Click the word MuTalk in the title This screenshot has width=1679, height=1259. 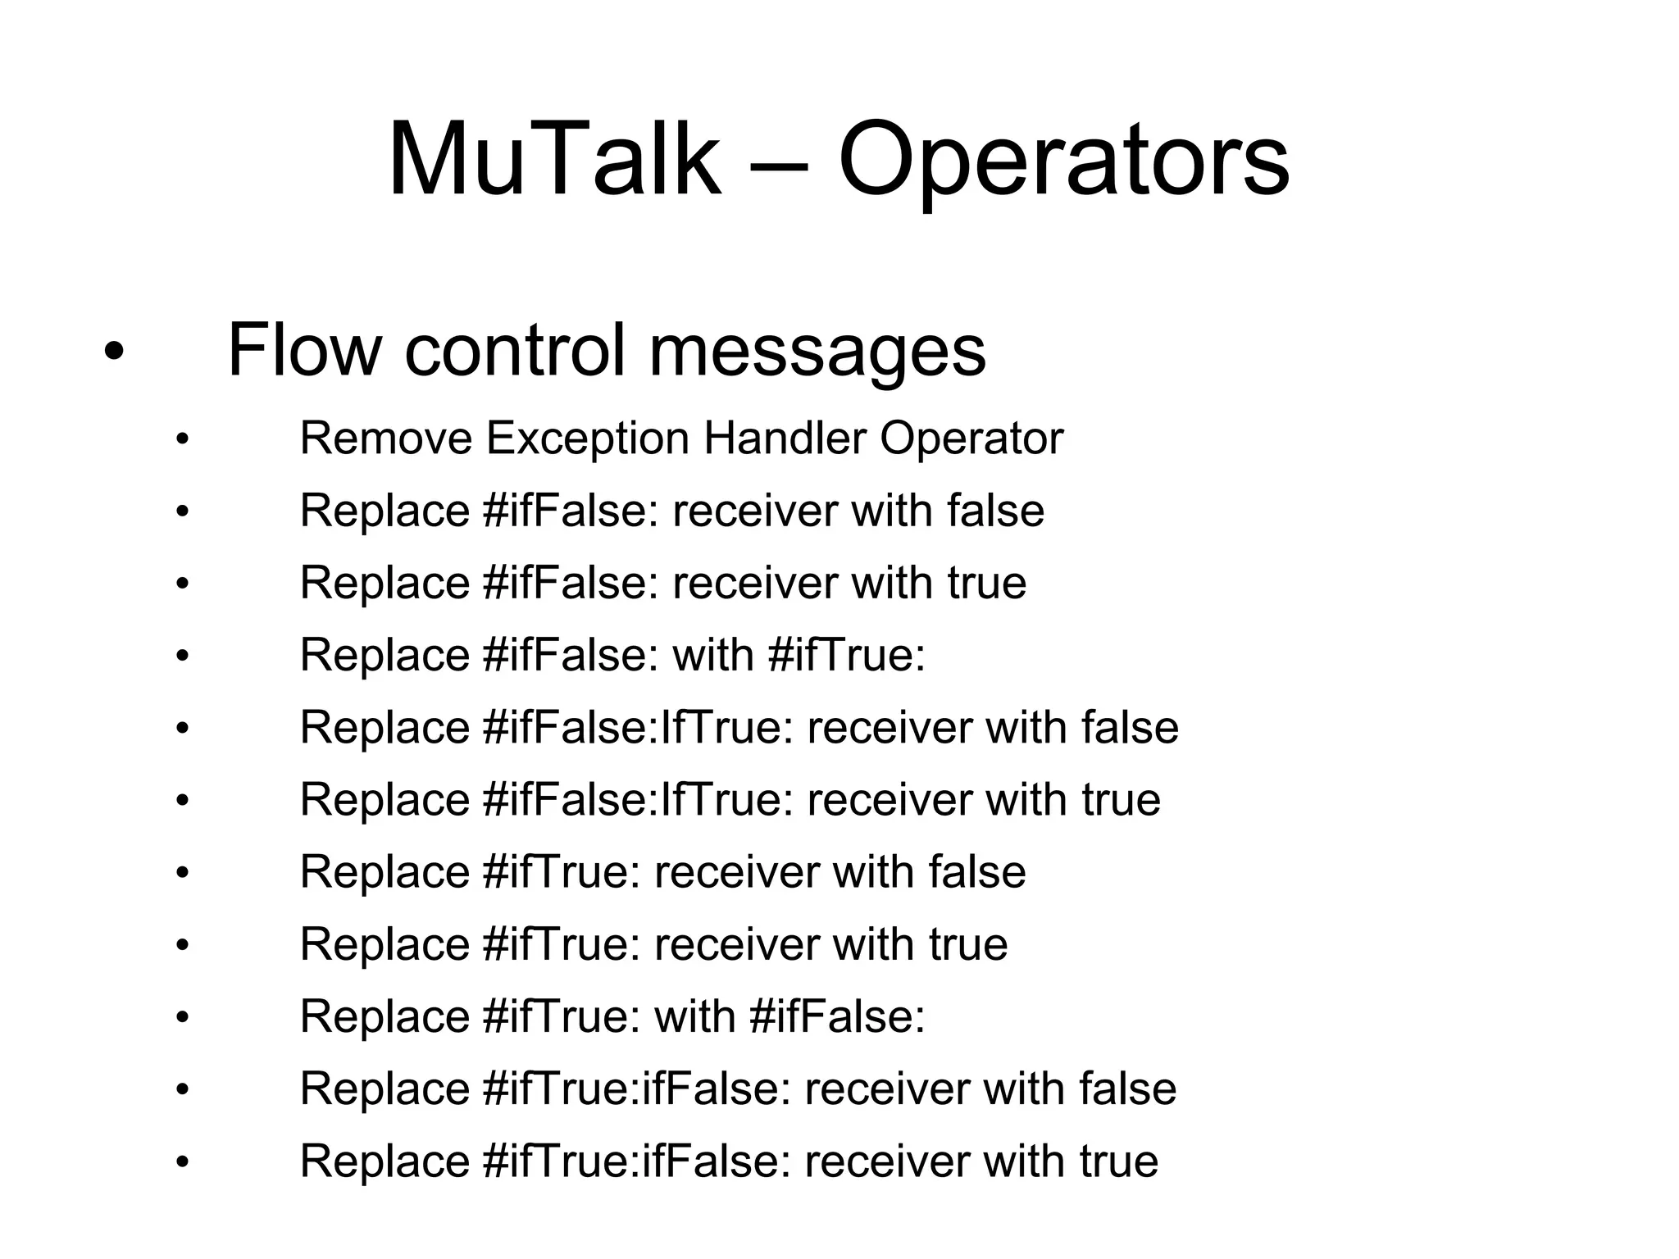554,160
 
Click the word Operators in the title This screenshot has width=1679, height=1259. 1063,160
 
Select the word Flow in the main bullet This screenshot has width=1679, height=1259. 304,350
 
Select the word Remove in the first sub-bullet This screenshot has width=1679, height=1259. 386,439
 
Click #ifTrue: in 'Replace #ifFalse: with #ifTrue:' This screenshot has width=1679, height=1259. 847,655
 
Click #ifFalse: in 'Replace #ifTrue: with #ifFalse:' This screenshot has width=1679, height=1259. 837,1016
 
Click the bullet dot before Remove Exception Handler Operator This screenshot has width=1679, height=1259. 182,440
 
